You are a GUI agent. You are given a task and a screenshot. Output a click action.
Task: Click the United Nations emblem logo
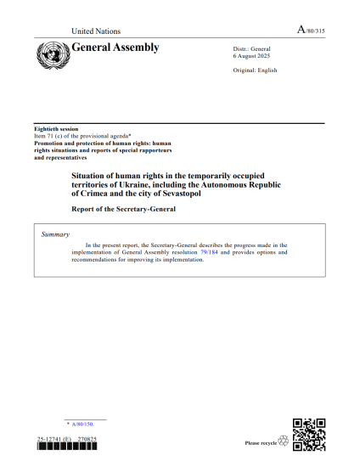[53, 54]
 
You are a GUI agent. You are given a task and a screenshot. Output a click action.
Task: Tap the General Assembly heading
[116, 48]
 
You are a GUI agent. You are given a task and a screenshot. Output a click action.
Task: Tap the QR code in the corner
[309, 435]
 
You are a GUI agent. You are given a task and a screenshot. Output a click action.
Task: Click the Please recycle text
[259, 442]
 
